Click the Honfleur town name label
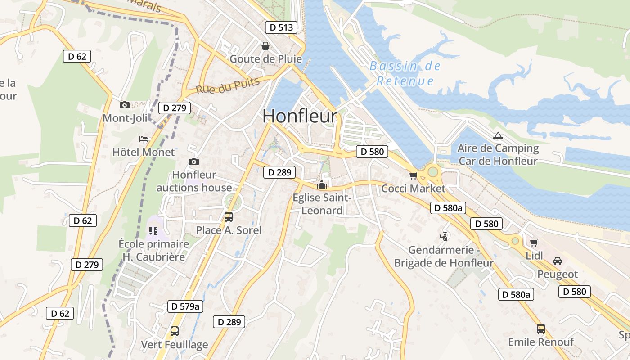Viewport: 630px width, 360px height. click(x=300, y=116)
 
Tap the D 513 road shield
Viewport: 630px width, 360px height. click(x=281, y=27)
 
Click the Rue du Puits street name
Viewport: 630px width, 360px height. click(x=228, y=85)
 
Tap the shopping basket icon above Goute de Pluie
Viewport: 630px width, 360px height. click(x=265, y=46)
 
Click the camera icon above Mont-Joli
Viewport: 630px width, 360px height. click(x=125, y=105)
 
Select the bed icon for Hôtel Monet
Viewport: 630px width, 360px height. click(x=144, y=139)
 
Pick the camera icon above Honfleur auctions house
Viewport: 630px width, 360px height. click(x=194, y=162)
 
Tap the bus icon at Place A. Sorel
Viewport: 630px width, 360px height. click(x=229, y=217)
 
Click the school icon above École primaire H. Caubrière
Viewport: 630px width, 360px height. click(x=153, y=231)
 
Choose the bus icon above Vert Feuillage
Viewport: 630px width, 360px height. click(x=175, y=331)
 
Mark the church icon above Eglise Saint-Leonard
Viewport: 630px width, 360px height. click(x=322, y=184)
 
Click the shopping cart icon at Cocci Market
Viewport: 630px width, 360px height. click(x=413, y=175)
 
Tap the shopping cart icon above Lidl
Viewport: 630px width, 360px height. click(x=534, y=243)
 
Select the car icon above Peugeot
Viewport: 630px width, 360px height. click(x=557, y=261)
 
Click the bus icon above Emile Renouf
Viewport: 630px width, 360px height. click(x=541, y=329)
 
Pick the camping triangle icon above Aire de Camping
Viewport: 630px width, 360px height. click(x=498, y=135)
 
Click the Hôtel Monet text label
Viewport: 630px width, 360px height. click(x=144, y=152)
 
